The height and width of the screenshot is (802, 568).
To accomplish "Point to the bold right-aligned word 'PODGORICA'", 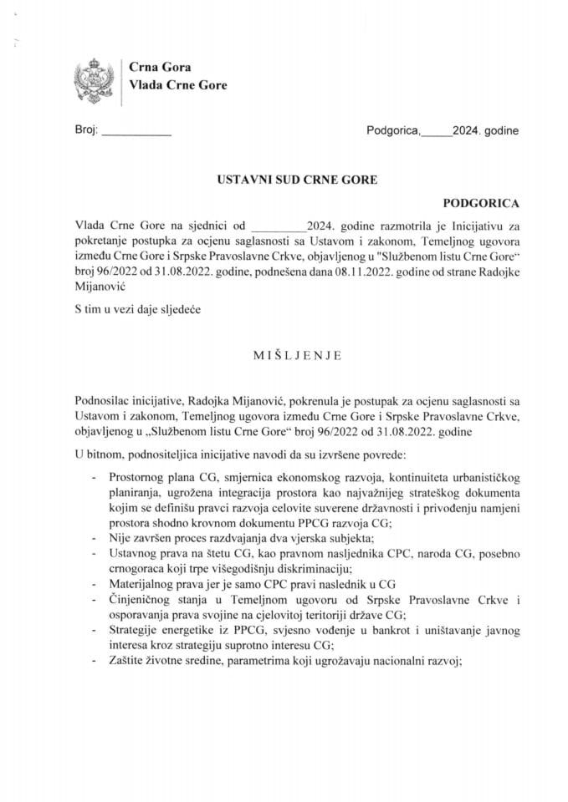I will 480,202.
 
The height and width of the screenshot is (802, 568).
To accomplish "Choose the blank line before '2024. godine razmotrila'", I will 279,226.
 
